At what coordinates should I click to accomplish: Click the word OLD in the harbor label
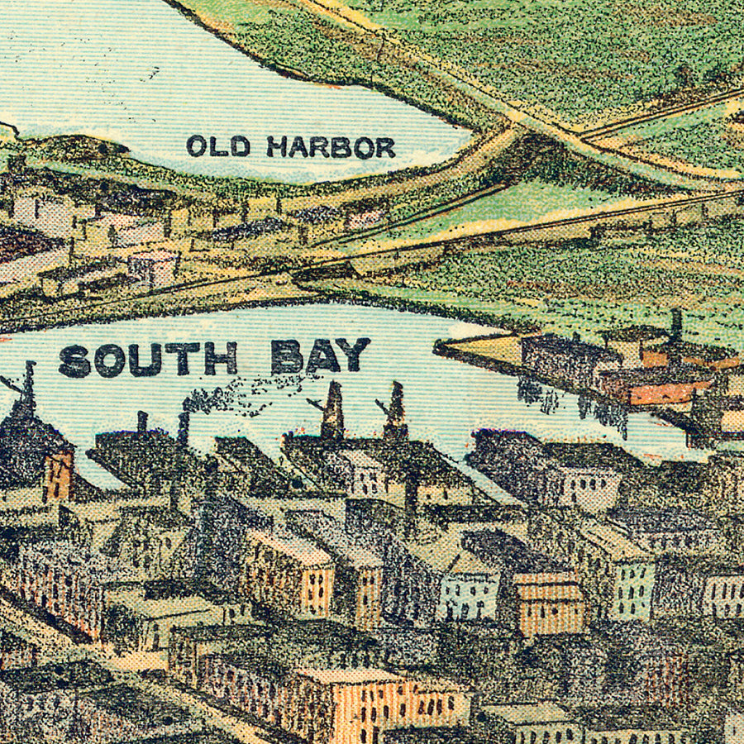217,146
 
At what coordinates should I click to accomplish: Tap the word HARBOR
331,147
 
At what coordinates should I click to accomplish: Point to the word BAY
320,356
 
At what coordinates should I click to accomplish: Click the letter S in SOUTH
74,360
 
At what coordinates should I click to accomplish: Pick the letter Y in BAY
354,355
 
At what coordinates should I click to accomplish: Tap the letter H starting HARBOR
276,147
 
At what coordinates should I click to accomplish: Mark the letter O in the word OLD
196,146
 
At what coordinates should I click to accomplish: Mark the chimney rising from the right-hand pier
676,325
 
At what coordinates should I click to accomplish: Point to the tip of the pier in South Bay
441,346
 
